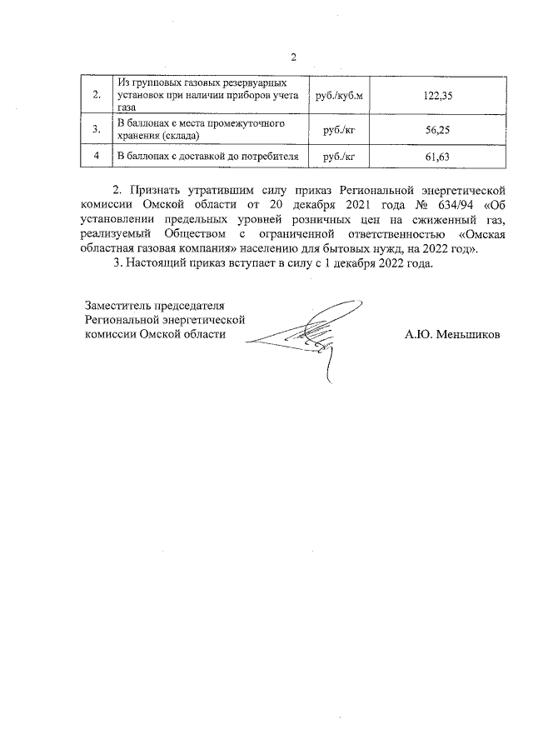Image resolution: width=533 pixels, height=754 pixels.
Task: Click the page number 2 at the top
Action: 293,57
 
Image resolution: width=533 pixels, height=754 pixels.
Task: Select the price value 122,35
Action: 438,96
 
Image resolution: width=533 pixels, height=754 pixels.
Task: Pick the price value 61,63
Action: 438,157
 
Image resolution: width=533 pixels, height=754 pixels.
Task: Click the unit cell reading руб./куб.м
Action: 339,96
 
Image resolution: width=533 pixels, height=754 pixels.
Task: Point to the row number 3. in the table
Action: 97,129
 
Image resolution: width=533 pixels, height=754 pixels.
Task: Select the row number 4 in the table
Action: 97,157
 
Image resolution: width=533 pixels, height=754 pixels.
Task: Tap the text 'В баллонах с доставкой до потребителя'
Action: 207,157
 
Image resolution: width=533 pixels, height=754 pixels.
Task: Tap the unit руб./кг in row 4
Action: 339,157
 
